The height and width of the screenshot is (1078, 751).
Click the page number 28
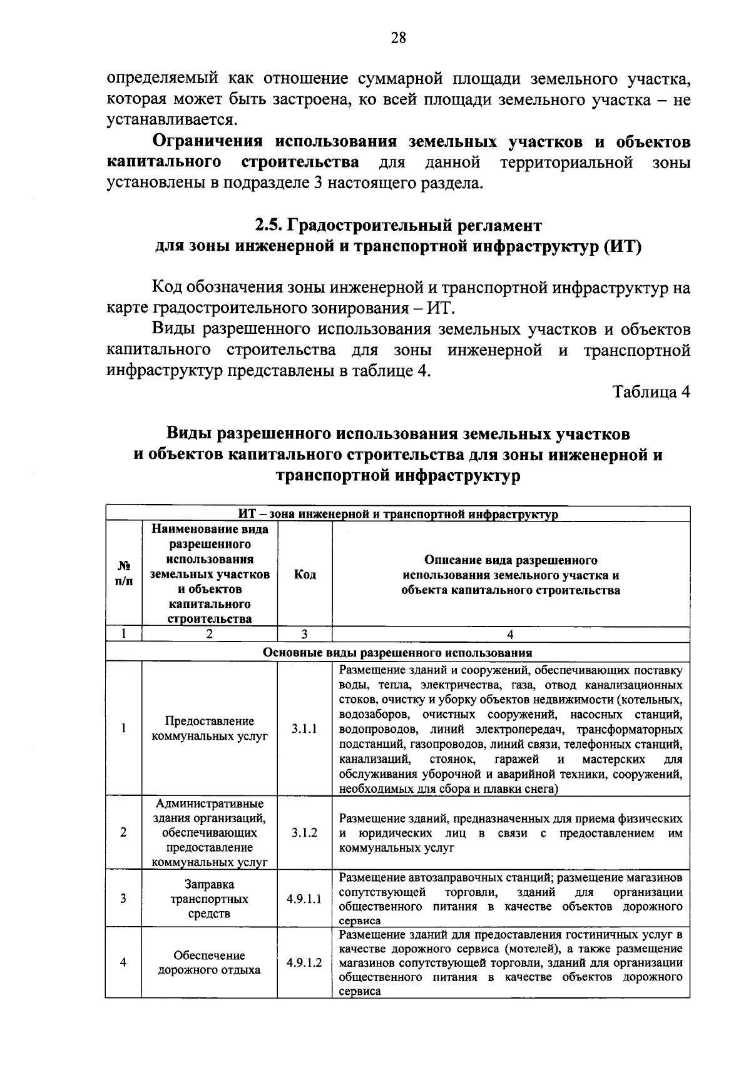tap(398, 38)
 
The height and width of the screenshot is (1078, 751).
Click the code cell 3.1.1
tap(304, 729)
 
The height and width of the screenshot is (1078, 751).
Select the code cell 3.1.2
tap(304, 833)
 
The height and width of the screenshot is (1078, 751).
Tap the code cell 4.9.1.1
tap(304, 899)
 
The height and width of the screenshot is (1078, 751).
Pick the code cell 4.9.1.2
tap(304, 962)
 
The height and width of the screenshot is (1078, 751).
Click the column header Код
tap(304, 575)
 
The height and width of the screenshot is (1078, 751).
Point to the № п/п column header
tap(124, 573)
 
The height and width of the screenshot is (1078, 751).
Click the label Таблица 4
tap(651, 392)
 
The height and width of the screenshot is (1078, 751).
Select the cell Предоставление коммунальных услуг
tap(210, 729)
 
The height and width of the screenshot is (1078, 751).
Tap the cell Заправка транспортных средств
tap(210, 899)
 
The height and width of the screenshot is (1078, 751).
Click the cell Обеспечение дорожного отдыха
tap(210, 963)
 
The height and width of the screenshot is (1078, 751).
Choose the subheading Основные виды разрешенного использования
tap(397, 653)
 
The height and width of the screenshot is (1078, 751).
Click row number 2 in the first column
tap(124, 833)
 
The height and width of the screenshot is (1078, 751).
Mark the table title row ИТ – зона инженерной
tap(397, 515)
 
